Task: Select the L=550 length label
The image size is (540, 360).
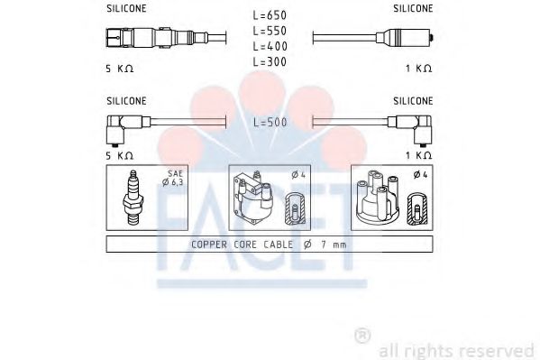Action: [270, 30]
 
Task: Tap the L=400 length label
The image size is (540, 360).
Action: [270, 45]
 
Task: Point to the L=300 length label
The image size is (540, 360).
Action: [270, 61]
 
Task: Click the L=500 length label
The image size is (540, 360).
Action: [270, 121]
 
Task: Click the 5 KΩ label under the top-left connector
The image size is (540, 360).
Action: [119, 69]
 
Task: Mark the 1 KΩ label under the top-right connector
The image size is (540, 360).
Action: [417, 69]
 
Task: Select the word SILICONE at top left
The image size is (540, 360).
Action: [125, 8]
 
